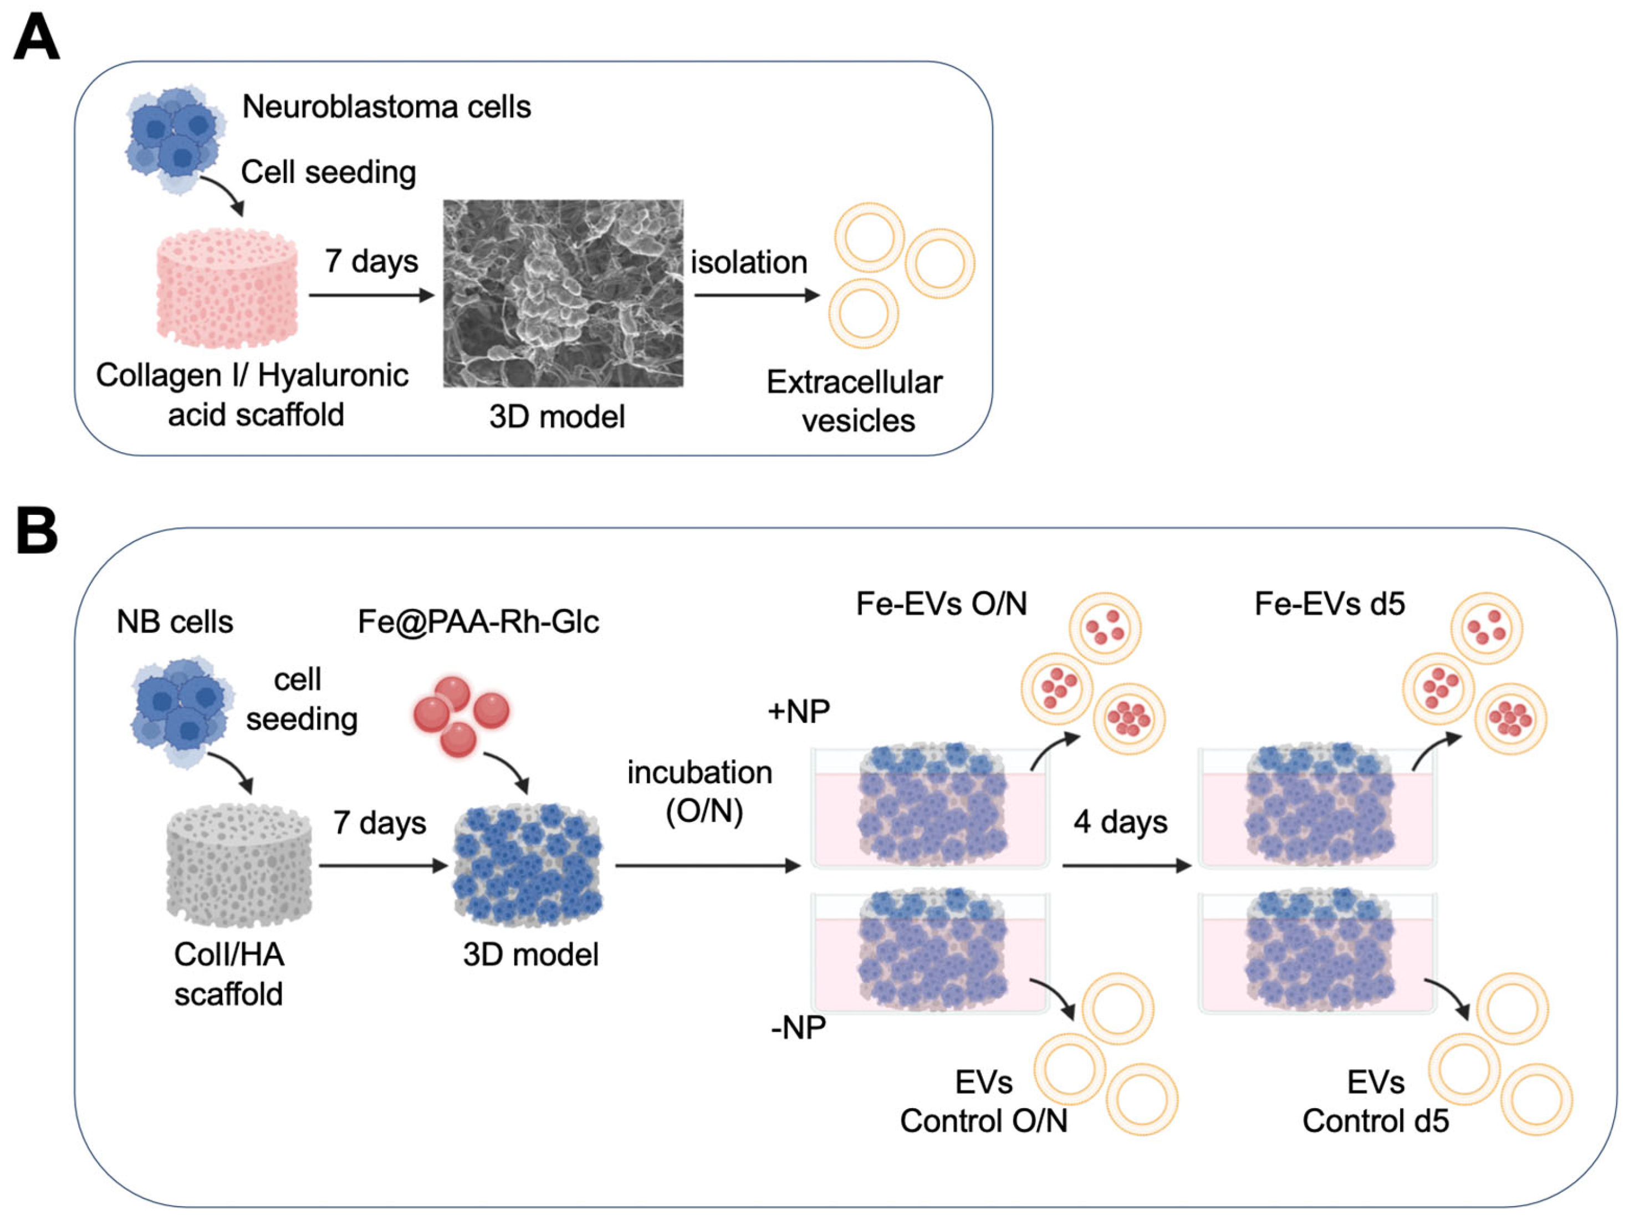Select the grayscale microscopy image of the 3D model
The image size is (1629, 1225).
point(563,293)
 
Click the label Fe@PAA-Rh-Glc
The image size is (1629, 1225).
point(478,622)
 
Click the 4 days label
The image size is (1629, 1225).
point(1120,822)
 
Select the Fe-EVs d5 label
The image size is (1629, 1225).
point(1329,604)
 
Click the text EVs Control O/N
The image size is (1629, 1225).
point(983,1102)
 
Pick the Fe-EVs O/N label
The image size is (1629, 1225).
point(941,604)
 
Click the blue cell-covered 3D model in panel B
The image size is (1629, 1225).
point(527,865)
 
